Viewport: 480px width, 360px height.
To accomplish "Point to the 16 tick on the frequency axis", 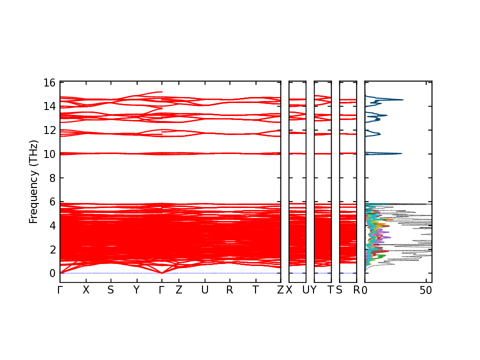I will click(49, 82).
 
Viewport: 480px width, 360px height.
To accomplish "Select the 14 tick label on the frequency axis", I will click(49, 106).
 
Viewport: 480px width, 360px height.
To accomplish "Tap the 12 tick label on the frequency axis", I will click(49, 130).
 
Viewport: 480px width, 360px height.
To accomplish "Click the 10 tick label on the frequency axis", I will click(49, 154).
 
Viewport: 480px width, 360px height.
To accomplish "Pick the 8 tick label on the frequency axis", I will click(51, 178).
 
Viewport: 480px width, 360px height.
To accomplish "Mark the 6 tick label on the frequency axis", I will click(51, 201).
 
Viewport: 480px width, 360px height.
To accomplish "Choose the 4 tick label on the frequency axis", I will click(51, 225).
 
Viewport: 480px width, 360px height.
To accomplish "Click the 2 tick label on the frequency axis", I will click(51, 249).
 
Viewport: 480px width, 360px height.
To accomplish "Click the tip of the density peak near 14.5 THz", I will click(403, 100).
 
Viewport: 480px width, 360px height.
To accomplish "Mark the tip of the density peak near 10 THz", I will click(402, 153).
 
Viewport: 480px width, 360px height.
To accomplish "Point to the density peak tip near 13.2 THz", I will click(387, 115).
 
